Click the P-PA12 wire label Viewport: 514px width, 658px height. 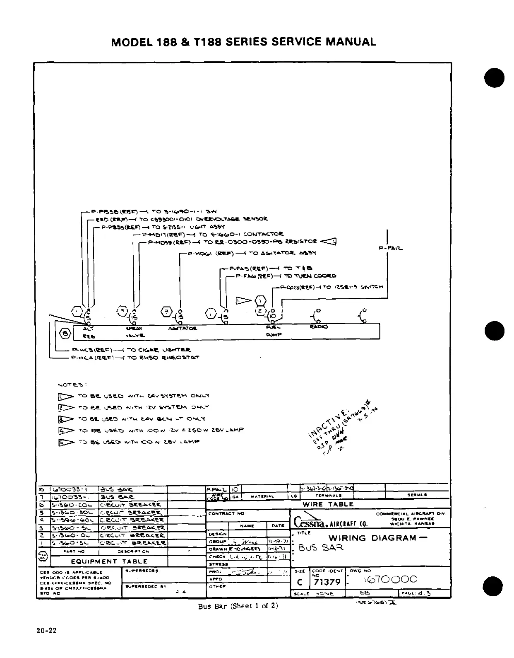pos(390,249)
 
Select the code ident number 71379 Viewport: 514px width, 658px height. pos(327,582)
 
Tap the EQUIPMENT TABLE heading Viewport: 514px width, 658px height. pos(109,561)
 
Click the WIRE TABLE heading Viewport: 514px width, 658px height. pos(328,505)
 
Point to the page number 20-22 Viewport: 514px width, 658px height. pos(46,631)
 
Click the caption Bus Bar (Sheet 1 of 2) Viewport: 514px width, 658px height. pos(238,606)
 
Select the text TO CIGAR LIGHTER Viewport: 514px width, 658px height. pos(159,350)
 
